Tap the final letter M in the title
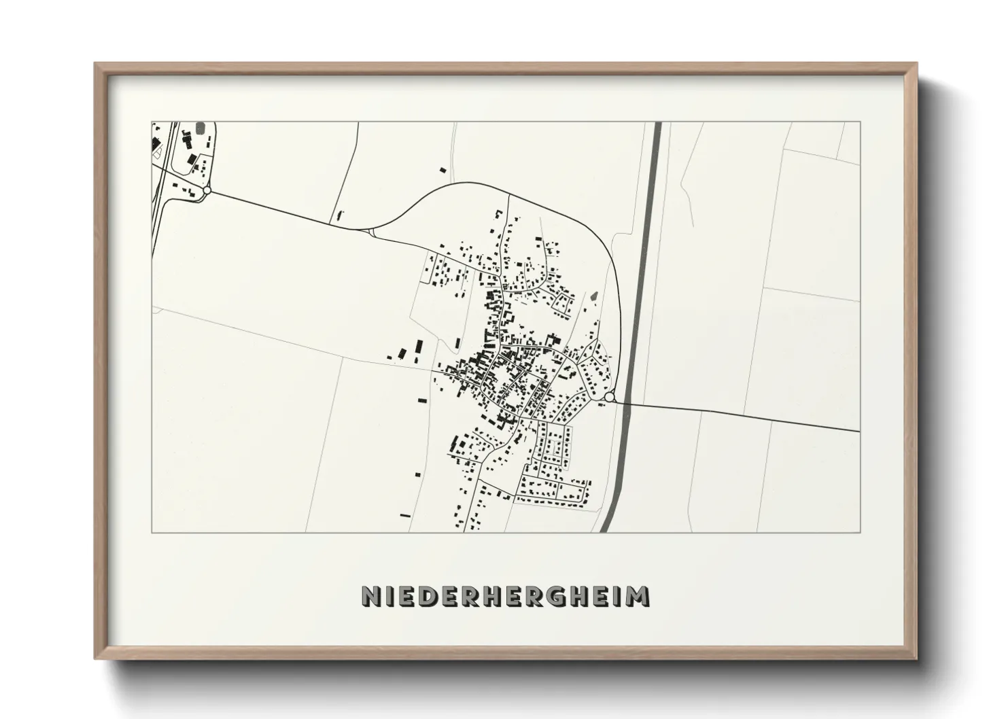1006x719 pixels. click(638, 596)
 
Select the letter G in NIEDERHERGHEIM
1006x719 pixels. click(553, 596)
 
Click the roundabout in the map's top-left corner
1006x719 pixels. click(207, 190)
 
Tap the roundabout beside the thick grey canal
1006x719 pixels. click(609, 397)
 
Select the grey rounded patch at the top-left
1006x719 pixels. click(200, 128)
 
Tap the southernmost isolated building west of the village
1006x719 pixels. click(405, 516)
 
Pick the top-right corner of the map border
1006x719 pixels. click(860, 122)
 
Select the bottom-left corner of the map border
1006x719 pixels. click(152, 532)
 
